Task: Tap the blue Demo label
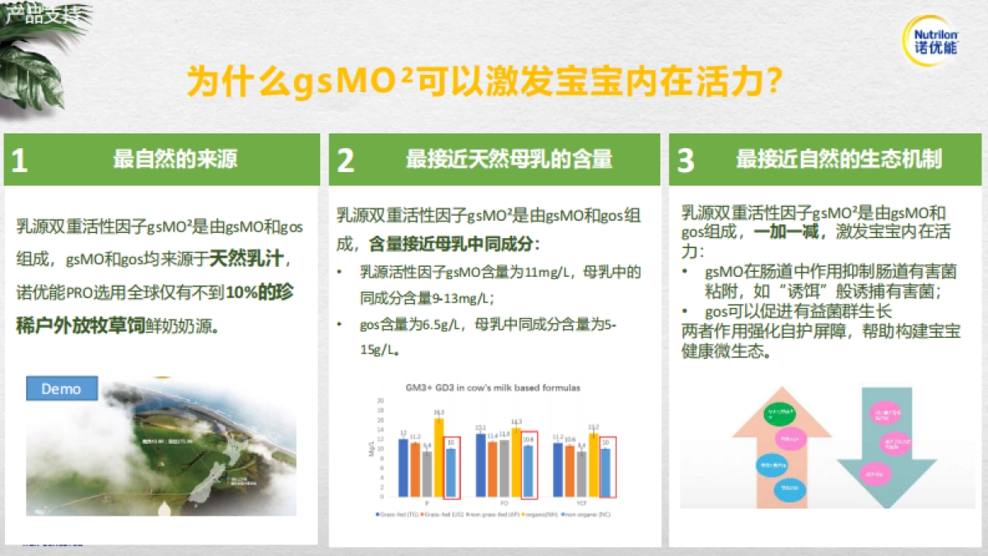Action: pyautogui.click(x=62, y=388)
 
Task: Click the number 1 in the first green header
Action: pyautogui.click(x=19, y=161)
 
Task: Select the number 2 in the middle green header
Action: pyautogui.click(x=346, y=161)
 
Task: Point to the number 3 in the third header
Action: pyautogui.click(x=685, y=161)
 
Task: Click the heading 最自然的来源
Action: pyautogui.click(x=175, y=159)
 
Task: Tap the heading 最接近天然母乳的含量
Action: pyautogui.click(x=509, y=159)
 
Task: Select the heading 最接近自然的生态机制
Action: pyautogui.click(x=838, y=159)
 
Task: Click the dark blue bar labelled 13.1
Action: pyautogui.click(x=480, y=465)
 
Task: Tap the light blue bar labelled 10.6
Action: pyautogui.click(x=529, y=470)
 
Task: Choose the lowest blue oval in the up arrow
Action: pyautogui.click(x=789, y=488)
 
